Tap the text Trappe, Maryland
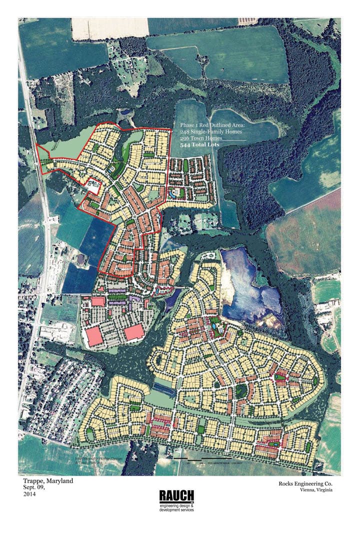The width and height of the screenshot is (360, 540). [x=48, y=481]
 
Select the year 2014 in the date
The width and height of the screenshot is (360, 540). [x=29, y=494]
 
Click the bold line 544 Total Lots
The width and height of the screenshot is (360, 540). [x=199, y=144]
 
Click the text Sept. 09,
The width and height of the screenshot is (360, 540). [x=34, y=487]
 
